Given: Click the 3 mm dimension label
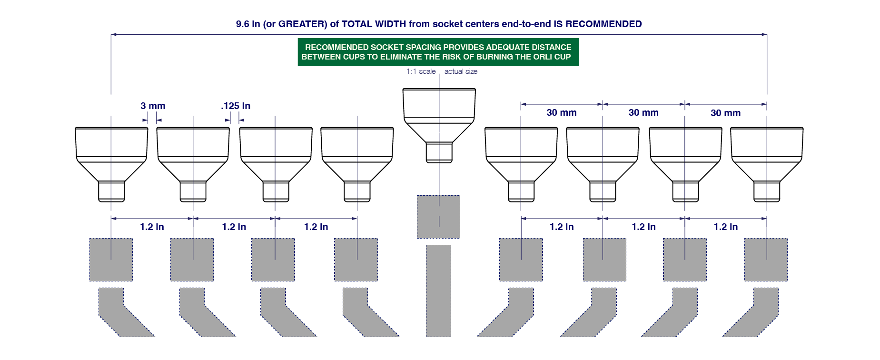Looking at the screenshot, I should (x=153, y=106).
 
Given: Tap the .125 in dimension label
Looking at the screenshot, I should (x=236, y=106).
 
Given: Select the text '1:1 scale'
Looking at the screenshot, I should (x=421, y=71).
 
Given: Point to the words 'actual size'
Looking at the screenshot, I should (x=461, y=71).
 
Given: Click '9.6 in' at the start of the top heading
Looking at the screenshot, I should (x=247, y=24).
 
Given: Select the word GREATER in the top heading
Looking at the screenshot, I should (x=302, y=24).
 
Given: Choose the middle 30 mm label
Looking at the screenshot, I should (x=643, y=113).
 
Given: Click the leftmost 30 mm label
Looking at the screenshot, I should (x=562, y=113).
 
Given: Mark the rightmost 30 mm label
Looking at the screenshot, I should (x=725, y=113).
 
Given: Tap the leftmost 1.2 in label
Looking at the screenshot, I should (x=152, y=227).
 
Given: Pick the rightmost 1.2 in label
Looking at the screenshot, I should (x=726, y=227).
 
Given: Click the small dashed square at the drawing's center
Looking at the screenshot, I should (x=438, y=217).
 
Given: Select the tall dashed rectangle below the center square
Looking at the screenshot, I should (x=438, y=290).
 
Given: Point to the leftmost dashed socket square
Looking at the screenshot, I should (x=111, y=260).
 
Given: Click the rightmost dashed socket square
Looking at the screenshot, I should (x=766, y=260).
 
